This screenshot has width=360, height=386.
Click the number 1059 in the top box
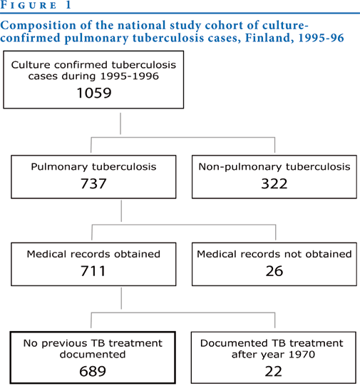[94, 93]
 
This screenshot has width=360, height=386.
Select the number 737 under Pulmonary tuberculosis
[93, 183]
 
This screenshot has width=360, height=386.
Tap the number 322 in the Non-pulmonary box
[274, 183]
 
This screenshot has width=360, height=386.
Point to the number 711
[93, 271]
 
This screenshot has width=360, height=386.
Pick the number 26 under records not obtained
[274, 271]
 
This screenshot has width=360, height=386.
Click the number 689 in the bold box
[93, 371]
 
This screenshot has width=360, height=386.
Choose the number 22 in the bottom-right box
[273, 371]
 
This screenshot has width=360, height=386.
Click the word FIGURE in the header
[29, 6]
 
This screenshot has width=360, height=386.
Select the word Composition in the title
[38, 26]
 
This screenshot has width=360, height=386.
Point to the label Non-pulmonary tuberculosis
[274, 167]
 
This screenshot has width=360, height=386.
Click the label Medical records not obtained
[274, 254]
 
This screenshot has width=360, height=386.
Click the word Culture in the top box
[31, 65]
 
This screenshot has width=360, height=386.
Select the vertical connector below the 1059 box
[120, 123]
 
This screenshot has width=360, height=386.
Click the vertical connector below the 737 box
[121, 211]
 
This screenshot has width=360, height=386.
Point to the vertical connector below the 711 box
[121, 298]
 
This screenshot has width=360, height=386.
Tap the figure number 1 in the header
[68, 5]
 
